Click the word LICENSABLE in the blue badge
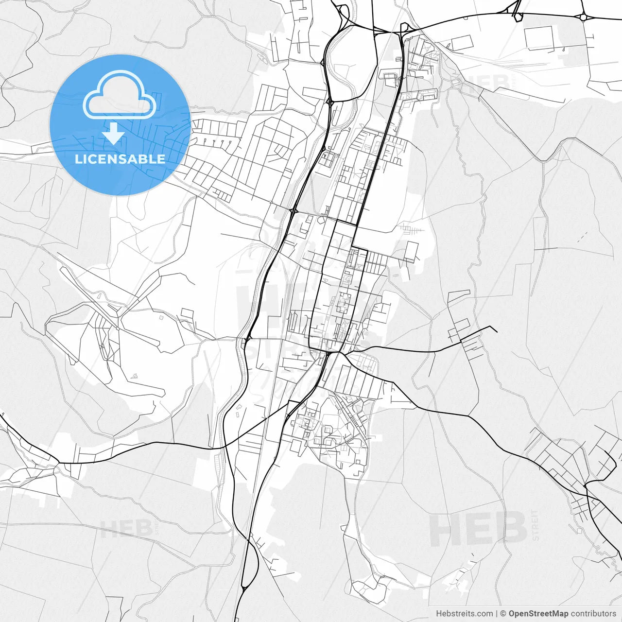pos(120,159)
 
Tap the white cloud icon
pos(120,95)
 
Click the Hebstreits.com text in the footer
pos(464,614)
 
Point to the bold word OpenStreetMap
pos(538,614)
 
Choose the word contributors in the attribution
pos(593,614)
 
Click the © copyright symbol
pos(503,614)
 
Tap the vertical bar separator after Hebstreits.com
pos(496,614)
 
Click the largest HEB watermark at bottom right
pos(479,529)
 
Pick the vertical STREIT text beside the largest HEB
pos(536,525)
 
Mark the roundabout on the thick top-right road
pos(583,17)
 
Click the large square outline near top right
pos(539,38)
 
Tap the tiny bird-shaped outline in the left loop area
pos(135,375)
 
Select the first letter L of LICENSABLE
pos(78,159)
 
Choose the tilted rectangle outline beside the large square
pos(462,43)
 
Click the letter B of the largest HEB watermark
pos(510,529)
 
